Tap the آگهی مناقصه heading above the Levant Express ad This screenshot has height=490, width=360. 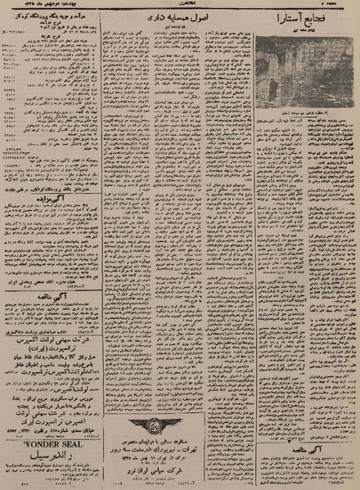click(x=47, y=300)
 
